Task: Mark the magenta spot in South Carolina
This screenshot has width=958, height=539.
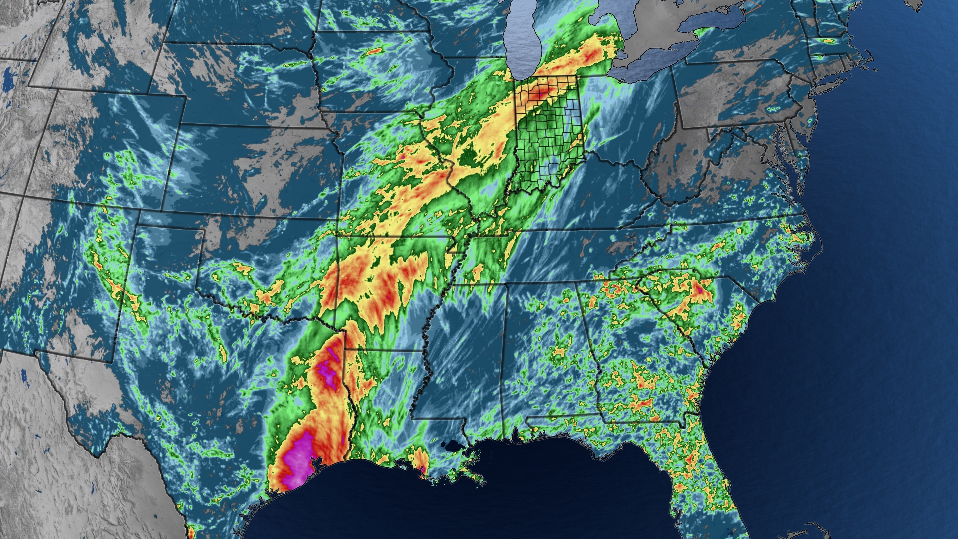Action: pyautogui.click(x=700, y=289)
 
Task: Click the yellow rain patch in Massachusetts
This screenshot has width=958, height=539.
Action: pyautogui.click(x=828, y=40)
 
